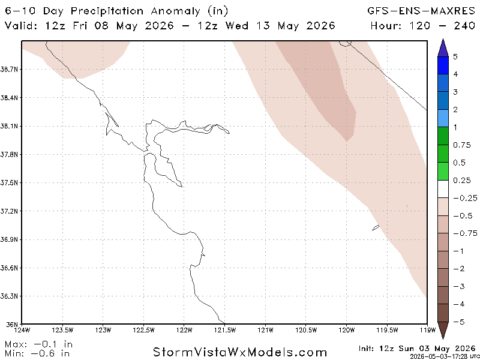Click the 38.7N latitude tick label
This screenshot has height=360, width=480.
coord(8,70)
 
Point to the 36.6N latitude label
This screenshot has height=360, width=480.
coord(8,268)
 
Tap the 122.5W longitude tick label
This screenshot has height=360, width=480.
coord(143,329)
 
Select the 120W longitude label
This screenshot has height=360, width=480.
coord(347,329)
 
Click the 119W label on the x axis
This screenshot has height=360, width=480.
coord(428,329)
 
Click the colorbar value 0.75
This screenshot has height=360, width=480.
coord(462,145)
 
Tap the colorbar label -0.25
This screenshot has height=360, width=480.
coord(465,198)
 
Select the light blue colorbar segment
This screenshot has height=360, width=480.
coord(443,118)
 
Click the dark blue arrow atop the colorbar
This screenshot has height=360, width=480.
coord(443,48)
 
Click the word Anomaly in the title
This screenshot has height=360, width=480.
coord(175,11)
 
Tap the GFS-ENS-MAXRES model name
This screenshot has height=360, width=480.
coord(421,11)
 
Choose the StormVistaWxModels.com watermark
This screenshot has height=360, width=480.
coord(239,352)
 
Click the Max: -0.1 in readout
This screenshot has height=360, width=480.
coord(38,344)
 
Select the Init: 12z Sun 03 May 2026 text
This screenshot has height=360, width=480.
coord(417,349)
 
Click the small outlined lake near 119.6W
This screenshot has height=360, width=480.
coord(376,228)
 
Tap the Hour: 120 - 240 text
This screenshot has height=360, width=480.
coord(423,25)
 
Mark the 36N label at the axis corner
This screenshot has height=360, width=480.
coord(10,324)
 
